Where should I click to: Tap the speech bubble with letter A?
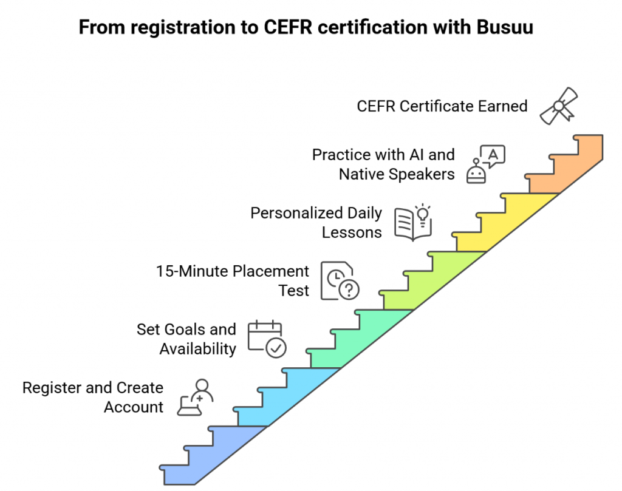(493, 155)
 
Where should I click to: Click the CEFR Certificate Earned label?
(442, 106)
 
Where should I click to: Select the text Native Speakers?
(396, 174)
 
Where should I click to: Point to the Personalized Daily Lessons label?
(316, 223)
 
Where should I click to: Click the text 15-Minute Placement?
(233, 271)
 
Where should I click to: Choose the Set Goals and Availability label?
(186, 339)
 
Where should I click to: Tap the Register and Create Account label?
(93, 397)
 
